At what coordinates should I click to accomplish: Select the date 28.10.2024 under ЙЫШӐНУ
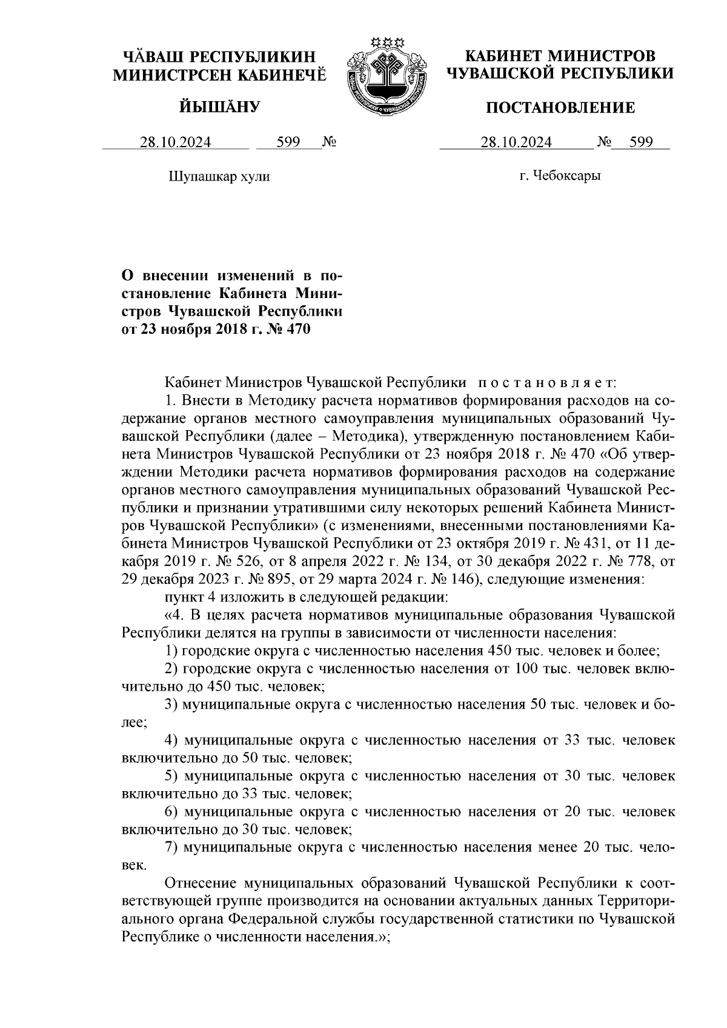click(176, 143)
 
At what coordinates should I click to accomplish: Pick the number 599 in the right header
click(641, 143)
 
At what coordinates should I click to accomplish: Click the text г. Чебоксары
click(560, 176)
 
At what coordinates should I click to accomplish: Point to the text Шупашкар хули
click(218, 177)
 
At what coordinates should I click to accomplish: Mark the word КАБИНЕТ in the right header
click(502, 57)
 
